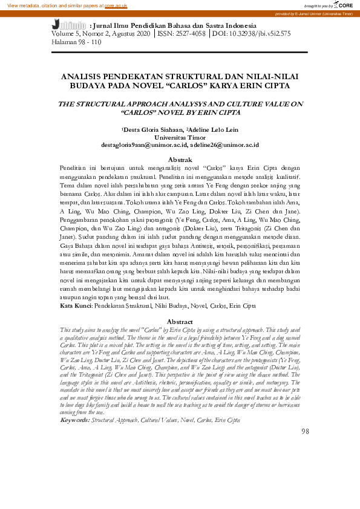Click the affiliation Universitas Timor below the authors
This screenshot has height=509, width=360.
180,137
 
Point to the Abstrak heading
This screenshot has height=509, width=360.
180,160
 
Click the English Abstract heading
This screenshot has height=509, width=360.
180,322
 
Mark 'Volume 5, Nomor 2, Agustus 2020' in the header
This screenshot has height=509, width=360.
100,35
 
